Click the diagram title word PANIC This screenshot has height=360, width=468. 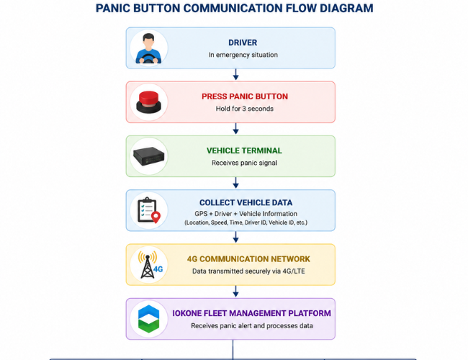pyautogui.click(x=112, y=8)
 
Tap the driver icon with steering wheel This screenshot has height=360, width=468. pyautogui.click(x=148, y=49)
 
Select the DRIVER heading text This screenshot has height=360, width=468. pyautogui.click(x=243, y=42)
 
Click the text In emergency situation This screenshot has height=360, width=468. pyautogui.click(x=243, y=55)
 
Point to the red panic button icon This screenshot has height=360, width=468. pyautogui.click(x=148, y=102)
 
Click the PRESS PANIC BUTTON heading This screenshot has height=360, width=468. pyautogui.click(x=245, y=96)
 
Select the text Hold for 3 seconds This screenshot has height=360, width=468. pyautogui.click(x=245, y=109)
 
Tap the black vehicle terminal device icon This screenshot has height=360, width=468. pyautogui.click(x=148, y=156)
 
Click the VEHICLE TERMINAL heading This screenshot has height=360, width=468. pyautogui.click(x=244, y=150)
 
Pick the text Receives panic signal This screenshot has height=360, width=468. pyautogui.click(x=244, y=163)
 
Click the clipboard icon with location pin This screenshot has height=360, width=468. pyautogui.click(x=149, y=210)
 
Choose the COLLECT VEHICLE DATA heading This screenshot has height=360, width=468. pyautogui.click(x=246, y=203)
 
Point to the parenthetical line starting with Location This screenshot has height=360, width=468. pyautogui.click(x=246, y=222)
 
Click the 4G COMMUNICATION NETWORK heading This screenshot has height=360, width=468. pyautogui.click(x=248, y=258)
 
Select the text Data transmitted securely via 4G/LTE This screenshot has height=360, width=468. pyautogui.click(x=248, y=271)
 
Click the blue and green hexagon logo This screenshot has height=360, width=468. pyautogui.click(x=148, y=319)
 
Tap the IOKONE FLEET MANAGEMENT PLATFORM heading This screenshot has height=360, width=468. pyautogui.click(x=251, y=313)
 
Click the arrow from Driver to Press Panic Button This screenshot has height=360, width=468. pyautogui.click(x=235, y=75)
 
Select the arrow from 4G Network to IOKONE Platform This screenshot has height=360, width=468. pyautogui.click(x=235, y=292)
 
